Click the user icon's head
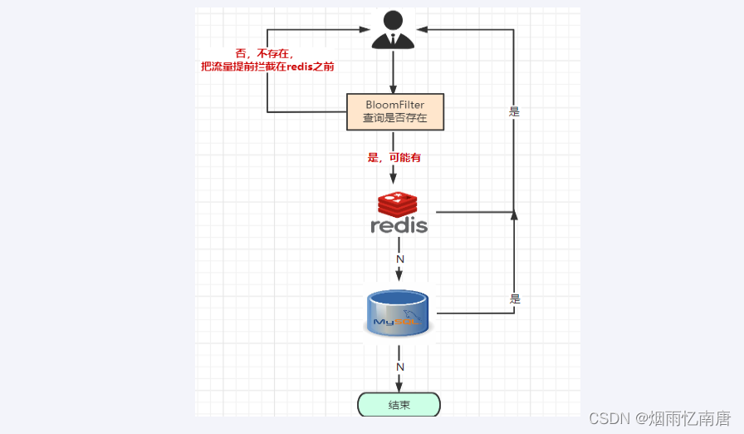point(393,21)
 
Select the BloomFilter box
point(395,112)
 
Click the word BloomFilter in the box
point(394,105)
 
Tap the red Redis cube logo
point(398,205)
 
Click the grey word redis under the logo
point(399,225)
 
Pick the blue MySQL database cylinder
point(398,313)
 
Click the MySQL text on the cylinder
point(397,322)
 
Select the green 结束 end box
point(399,405)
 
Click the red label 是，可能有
point(394,158)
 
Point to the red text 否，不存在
point(264,54)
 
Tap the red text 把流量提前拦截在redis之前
point(267,67)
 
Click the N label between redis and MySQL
point(400,259)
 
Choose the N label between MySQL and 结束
point(400,367)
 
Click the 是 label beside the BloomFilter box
point(514,112)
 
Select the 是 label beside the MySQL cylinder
point(515,299)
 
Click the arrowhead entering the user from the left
point(365,29)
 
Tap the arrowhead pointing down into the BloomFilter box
point(393,89)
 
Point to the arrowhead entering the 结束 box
point(399,387)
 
